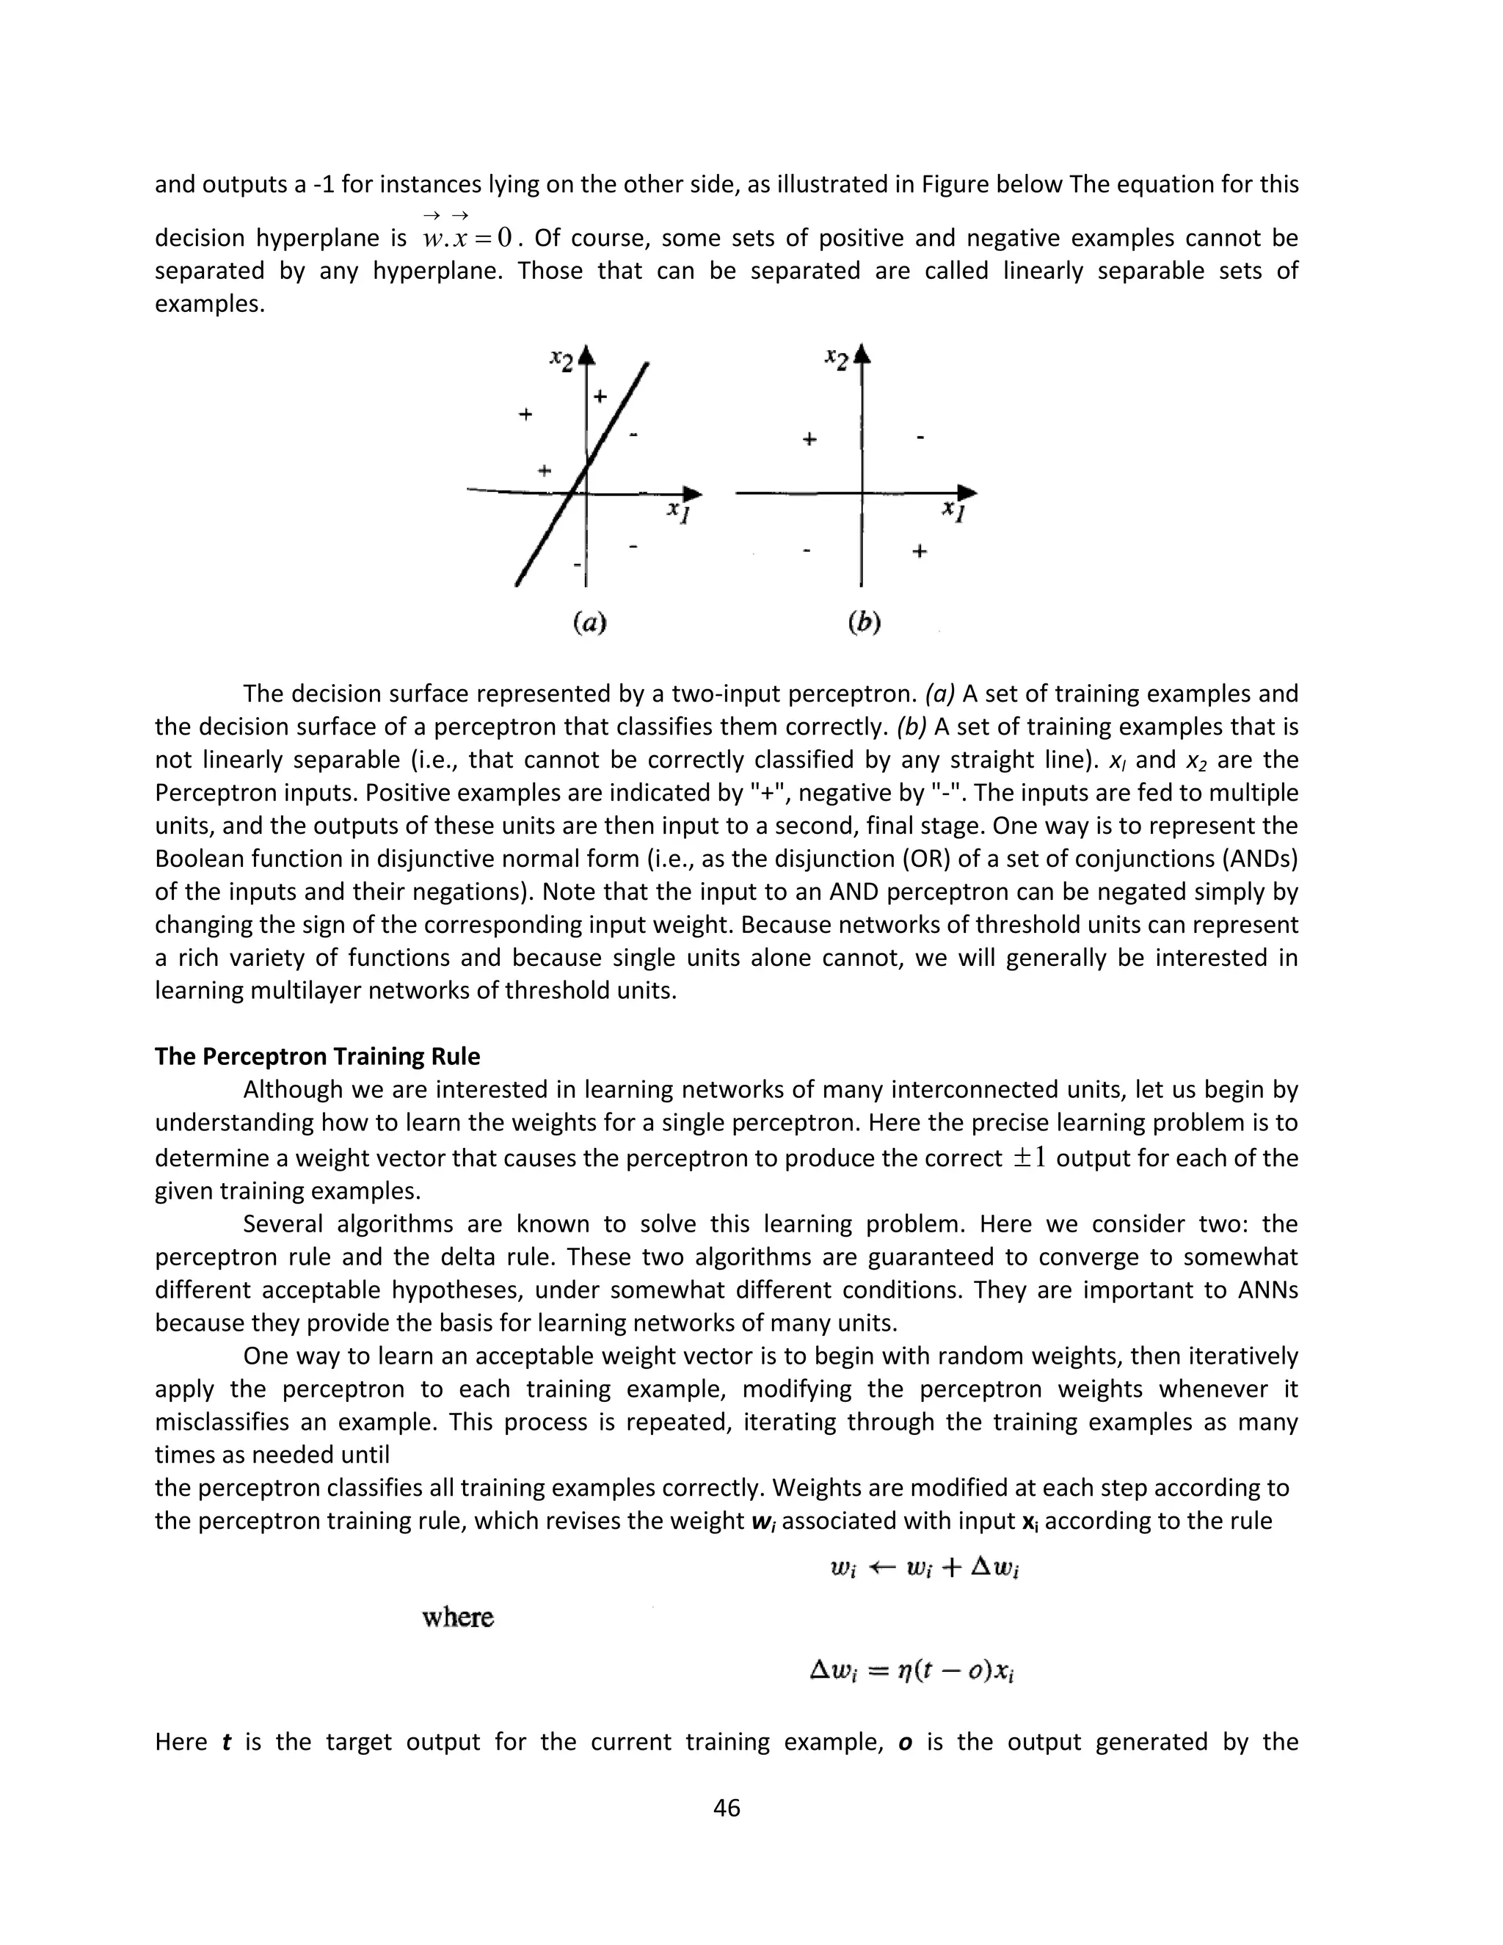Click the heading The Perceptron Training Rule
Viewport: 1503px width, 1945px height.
pyautogui.click(x=317, y=1056)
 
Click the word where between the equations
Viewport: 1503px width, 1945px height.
pyautogui.click(x=458, y=1617)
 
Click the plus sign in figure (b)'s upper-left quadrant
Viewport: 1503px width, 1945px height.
pyautogui.click(x=809, y=439)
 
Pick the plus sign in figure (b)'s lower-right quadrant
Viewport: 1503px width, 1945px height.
pyautogui.click(x=920, y=551)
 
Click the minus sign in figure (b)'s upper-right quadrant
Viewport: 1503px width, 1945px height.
pyautogui.click(x=920, y=437)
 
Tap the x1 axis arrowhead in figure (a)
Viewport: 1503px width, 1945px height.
pyautogui.click(x=692, y=492)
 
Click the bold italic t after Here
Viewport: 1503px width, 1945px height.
pyautogui.click(x=226, y=1742)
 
